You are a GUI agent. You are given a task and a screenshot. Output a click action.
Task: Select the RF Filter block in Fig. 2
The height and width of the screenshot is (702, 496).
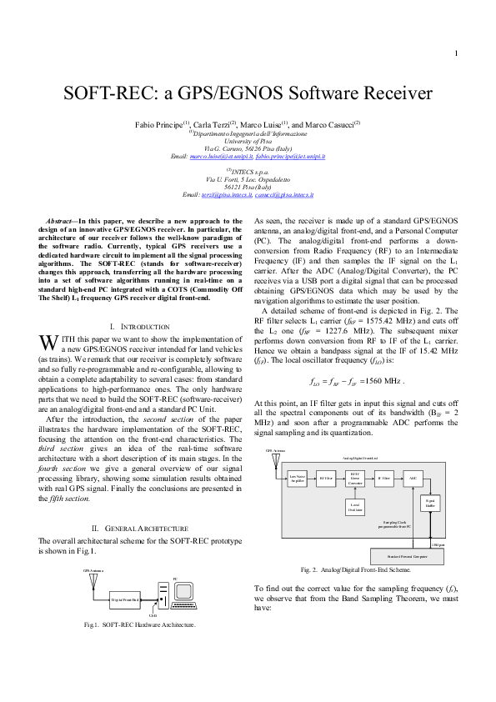tap(326, 479)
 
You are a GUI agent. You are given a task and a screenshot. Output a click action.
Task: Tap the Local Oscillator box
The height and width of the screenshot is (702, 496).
tap(354, 507)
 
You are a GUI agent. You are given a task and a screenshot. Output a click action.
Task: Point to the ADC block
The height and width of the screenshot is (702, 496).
tap(412, 479)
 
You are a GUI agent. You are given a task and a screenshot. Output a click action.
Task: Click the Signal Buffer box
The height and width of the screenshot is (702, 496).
tap(430, 504)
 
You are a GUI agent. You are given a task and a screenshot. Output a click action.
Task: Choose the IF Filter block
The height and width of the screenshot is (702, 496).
tap(383, 479)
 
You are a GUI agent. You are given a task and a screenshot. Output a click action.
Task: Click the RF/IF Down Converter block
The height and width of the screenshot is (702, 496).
tap(354, 479)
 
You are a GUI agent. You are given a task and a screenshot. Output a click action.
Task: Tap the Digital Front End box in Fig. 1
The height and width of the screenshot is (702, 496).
tap(125, 599)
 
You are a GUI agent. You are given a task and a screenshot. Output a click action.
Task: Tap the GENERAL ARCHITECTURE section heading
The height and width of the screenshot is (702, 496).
tap(138, 529)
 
